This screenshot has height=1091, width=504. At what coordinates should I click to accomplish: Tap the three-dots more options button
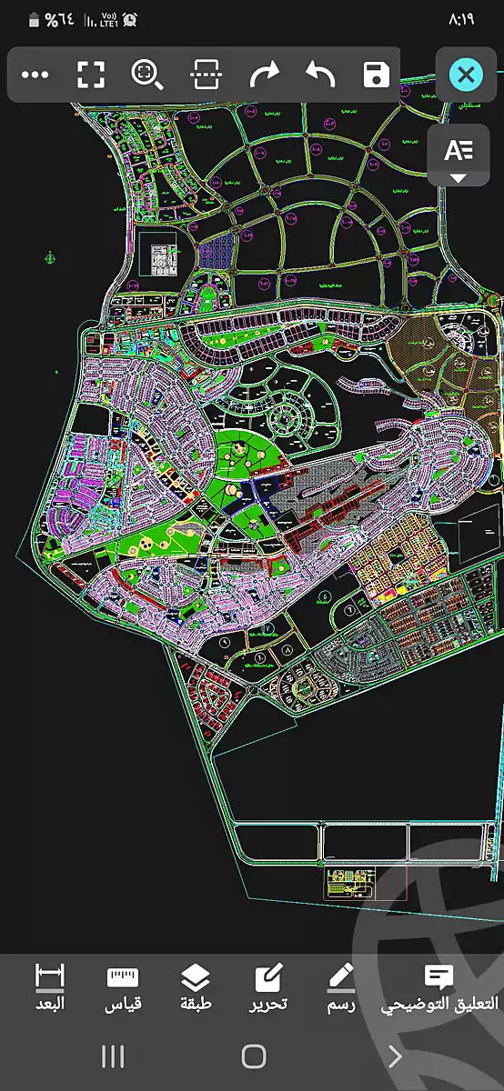pos(35,75)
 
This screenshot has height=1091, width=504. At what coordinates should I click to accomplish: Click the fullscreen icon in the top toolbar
pos(90,75)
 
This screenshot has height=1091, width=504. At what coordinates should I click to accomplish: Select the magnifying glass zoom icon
pos(146,75)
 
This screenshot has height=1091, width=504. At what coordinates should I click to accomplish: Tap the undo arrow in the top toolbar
pos(319,75)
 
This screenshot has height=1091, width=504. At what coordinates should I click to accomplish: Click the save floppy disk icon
pos(376,75)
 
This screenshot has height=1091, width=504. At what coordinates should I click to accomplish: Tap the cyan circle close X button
pos(466,74)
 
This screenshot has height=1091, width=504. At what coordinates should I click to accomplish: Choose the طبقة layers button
pos(196,987)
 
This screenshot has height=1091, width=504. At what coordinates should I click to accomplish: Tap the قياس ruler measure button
pos(123,987)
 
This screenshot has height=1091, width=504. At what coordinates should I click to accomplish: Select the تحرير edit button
pos(269,987)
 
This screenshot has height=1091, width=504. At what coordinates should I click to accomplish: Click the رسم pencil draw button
pos(341,987)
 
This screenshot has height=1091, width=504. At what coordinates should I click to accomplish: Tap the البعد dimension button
pos(50,987)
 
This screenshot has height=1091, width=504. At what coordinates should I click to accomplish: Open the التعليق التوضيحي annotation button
pos(440,987)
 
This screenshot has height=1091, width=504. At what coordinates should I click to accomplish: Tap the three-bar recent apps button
pos(113,1056)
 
